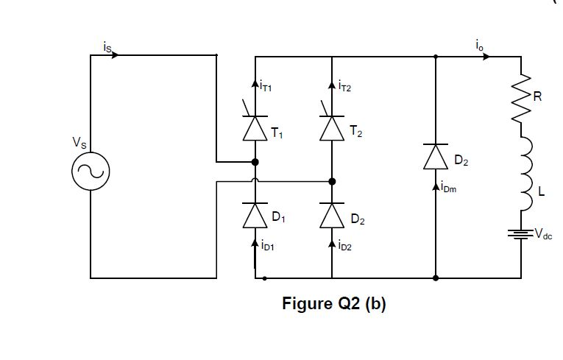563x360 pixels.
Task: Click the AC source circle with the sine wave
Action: [x=91, y=172]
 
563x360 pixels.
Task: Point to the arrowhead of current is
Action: [x=115, y=55]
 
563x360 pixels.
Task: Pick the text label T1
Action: [x=277, y=134]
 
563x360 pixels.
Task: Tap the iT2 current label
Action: [x=344, y=88]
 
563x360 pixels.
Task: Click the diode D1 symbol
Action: [x=255, y=215]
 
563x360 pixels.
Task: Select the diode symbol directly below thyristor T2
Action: [x=332, y=215]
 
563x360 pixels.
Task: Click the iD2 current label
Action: [x=344, y=247]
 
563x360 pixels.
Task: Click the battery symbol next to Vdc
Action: [x=521, y=234]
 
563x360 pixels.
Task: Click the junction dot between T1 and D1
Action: [x=255, y=162]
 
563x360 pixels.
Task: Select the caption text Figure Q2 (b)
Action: [x=334, y=304]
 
